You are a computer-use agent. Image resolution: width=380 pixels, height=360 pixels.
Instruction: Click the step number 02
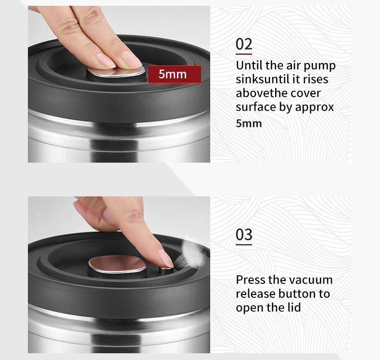[x=244, y=44]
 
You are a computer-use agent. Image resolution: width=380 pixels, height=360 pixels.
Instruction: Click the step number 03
[x=244, y=234]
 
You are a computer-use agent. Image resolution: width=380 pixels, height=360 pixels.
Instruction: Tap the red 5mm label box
[x=175, y=74]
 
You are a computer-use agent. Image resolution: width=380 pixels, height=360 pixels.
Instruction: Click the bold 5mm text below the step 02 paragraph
[x=249, y=123]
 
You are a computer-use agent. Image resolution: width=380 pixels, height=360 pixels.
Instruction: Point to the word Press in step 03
[x=251, y=280]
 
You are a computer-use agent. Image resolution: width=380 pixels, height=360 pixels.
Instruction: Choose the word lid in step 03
[x=294, y=308]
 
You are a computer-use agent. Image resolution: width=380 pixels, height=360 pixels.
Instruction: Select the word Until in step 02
[x=249, y=65]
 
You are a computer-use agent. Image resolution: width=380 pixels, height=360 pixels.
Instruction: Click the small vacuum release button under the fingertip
[x=166, y=270]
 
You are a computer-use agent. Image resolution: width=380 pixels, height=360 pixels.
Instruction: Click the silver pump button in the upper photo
[x=116, y=72]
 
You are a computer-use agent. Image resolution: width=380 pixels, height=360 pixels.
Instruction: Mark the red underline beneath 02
[x=244, y=54]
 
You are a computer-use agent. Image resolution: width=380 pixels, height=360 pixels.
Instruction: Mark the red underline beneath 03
[x=244, y=244]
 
